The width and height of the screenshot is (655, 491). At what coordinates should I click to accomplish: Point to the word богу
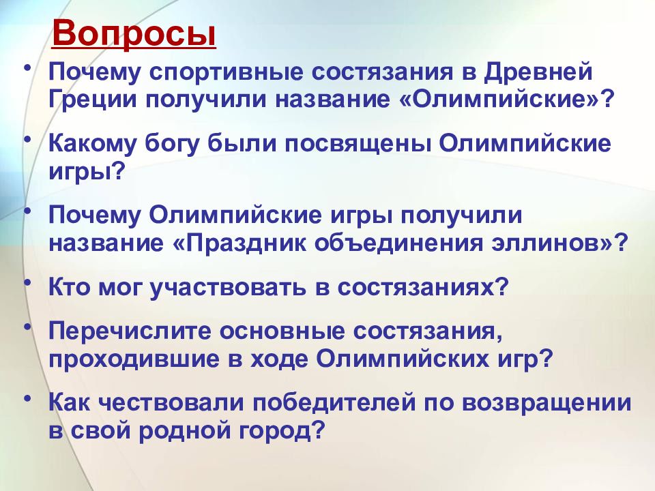click(171, 145)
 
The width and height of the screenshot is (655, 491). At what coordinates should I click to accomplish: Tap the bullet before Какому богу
click(27, 138)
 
